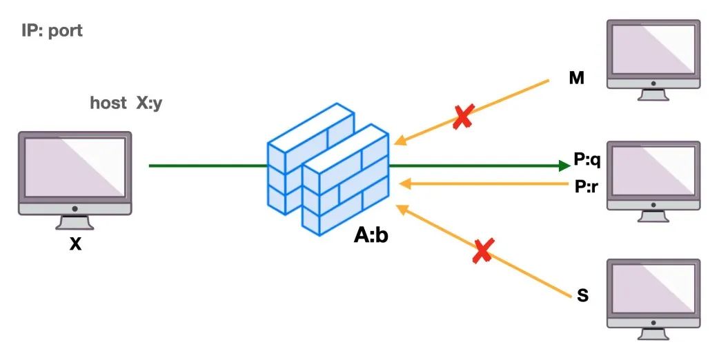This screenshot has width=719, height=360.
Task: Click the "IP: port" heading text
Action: coord(52,31)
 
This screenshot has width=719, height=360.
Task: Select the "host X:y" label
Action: coord(126,103)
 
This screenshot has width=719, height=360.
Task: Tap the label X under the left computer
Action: coord(75,243)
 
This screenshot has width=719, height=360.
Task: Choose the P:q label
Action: coord(587,161)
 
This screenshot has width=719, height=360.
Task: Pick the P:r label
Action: coord(587,186)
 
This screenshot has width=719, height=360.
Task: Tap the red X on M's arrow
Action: coord(462,117)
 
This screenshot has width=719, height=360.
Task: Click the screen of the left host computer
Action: coord(75,168)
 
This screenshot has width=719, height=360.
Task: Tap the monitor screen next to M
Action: coord(653,50)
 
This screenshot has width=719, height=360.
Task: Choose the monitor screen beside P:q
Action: coord(653,172)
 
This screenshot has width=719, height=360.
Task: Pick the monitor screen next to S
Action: coord(653,290)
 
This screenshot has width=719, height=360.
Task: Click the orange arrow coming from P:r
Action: coord(483,184)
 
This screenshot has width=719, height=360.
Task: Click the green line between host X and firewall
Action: coord(207,166)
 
